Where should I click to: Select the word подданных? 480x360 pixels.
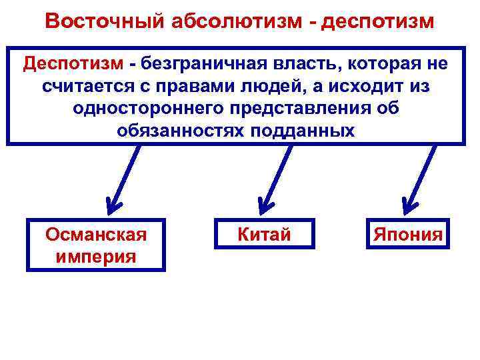302,129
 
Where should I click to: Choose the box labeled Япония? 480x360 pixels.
407,235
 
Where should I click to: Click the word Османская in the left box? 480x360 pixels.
95,235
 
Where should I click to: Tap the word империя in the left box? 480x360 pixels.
95,256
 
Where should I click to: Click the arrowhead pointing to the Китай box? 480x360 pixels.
263,203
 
